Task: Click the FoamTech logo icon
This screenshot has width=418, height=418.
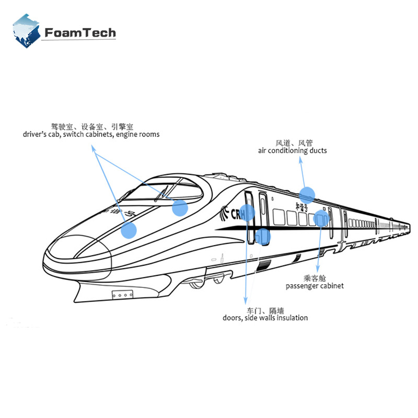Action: coord(27,31)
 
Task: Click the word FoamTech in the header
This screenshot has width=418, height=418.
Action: coord(80,33)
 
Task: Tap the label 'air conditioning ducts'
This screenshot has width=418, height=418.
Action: coord(293,150)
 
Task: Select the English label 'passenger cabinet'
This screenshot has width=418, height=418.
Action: coord(315,286)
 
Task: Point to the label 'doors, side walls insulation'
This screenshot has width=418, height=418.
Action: coord(265,318)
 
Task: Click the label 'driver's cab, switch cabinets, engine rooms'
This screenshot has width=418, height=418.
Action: coord(91,134)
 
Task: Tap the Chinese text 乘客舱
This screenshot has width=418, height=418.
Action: coord(315,278)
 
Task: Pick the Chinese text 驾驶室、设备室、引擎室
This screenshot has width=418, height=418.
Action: coord(92,126)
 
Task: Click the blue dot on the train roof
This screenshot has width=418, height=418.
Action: coord(307,194)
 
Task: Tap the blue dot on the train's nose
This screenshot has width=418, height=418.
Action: coord(129,230)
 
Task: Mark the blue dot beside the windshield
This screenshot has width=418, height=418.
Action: coord(180,208)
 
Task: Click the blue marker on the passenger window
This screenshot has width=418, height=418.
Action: coord(322,218)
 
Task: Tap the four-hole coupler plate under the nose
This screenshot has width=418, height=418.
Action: coord(121,295)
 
